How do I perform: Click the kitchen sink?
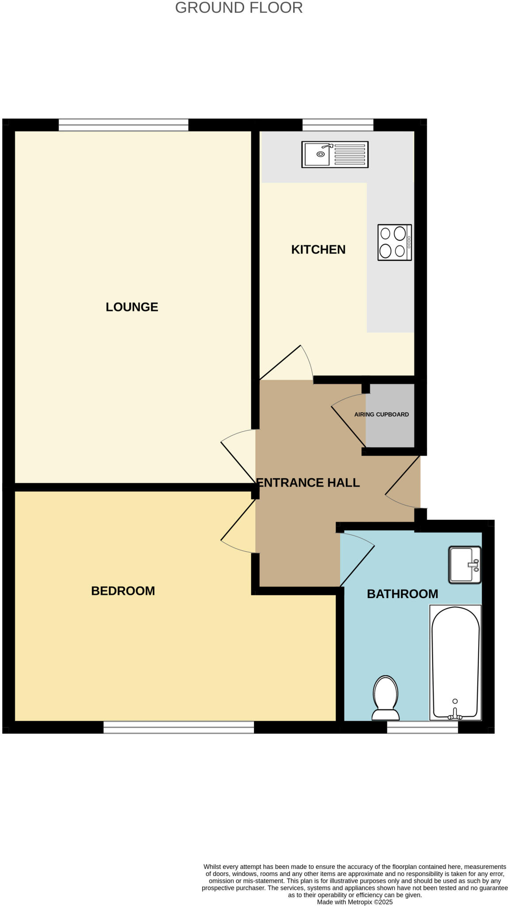[334, 154]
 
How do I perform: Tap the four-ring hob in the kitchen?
[394, 242]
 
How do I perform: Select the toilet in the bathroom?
[386, 698]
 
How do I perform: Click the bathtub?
[455, 662]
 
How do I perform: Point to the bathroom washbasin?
[464, 565]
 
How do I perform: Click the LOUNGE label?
[132, 307]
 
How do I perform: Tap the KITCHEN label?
[318, 250]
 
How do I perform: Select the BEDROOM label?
[123, 591]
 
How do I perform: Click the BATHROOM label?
[403, 594]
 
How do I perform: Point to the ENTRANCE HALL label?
[308, 483]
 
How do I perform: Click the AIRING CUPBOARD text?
[381, 415]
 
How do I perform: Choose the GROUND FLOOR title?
[239, 8]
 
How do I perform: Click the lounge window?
[123, 125]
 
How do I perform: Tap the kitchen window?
[338, 125]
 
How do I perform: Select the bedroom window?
[179, 727]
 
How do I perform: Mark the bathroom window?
[422, 727]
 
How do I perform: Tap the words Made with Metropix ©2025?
[355, 902]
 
